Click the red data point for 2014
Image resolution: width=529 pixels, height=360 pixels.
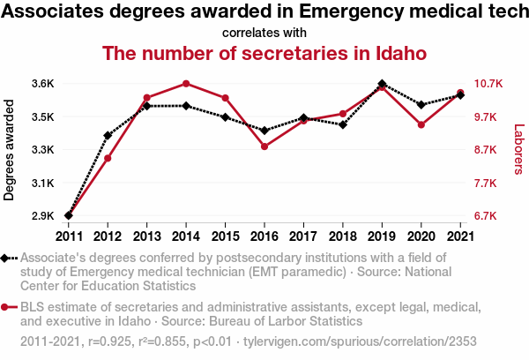(186, 84)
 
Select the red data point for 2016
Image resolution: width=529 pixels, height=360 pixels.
(264, 146)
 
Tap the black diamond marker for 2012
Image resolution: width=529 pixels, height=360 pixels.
(108, 136)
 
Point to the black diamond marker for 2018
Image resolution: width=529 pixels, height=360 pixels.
(342, 124)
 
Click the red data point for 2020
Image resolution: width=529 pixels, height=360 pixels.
(421, 125)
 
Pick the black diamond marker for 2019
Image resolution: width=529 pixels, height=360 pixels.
(382, 84)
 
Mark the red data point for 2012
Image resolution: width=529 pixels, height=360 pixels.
(108, 158)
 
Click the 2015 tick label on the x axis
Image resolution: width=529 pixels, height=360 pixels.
(225, 236)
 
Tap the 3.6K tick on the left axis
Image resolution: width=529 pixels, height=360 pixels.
(43, 84)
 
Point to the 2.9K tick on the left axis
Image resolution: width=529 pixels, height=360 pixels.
(43, 216)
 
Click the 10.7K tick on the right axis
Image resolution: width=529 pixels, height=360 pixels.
(487, 84)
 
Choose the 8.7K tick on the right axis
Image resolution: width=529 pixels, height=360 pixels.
(487, 150)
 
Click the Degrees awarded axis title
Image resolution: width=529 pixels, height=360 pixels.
(10, 150)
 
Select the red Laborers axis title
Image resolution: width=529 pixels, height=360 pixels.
(519, 150)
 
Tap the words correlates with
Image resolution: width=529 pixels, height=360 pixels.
(264, 34)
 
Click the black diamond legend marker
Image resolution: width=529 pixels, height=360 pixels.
(7, 258)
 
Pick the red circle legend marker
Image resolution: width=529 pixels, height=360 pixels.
(7, 307)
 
